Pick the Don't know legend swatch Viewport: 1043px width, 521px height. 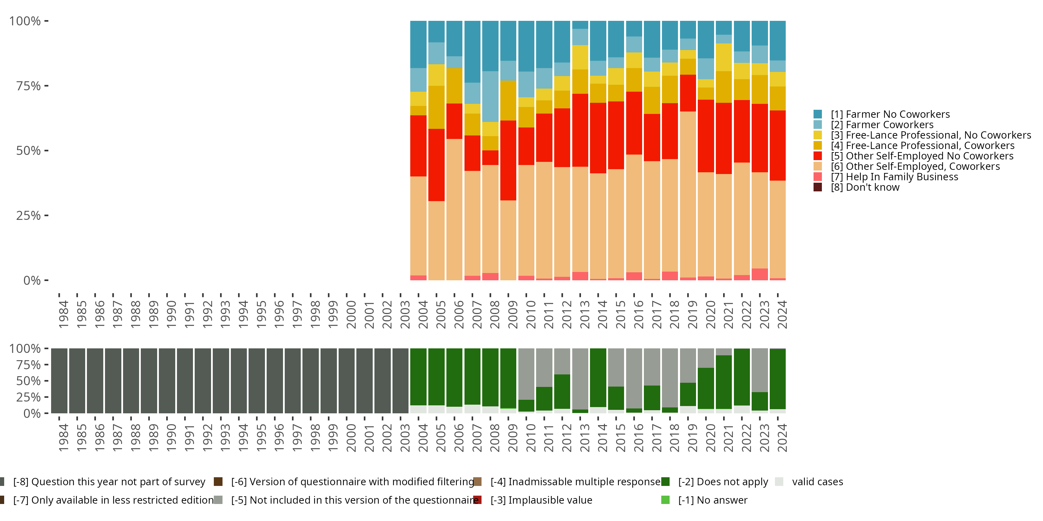coord(818,187)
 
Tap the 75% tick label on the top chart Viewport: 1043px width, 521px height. coord(29,86)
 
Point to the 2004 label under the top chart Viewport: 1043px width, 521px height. coord(423,314)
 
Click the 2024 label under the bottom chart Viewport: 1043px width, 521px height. coord(782,438)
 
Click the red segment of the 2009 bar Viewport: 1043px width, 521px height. coord(508,160)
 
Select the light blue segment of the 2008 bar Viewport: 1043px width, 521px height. coord(490,96)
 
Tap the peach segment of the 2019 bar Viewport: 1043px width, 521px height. coord(688,194)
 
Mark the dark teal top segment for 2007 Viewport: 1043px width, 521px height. coord(472,52)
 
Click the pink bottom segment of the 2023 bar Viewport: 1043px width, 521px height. coord(760,274)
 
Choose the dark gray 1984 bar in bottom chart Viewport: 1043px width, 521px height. coord(59,381)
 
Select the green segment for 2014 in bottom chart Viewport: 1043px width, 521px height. coord(598,378)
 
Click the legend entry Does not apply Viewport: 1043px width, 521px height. coord(723,482)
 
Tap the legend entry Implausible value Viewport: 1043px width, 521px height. coord(541,501)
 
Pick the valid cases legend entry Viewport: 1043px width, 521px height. coord(817,482)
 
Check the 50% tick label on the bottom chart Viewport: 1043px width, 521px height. coord(29,381)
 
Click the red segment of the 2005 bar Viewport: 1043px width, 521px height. coord(436,165)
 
